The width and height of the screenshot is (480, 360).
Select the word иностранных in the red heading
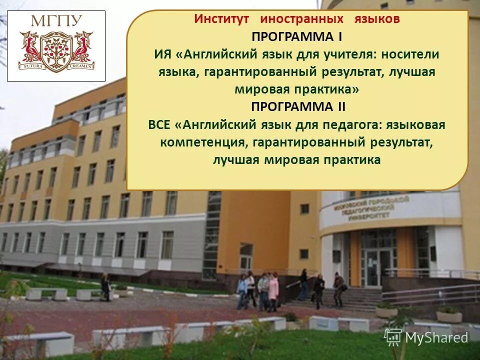301,19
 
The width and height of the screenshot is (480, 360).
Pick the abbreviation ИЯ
161,54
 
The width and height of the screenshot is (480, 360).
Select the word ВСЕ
158,124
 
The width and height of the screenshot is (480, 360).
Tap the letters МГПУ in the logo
56,22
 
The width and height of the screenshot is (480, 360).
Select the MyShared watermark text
436,337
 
